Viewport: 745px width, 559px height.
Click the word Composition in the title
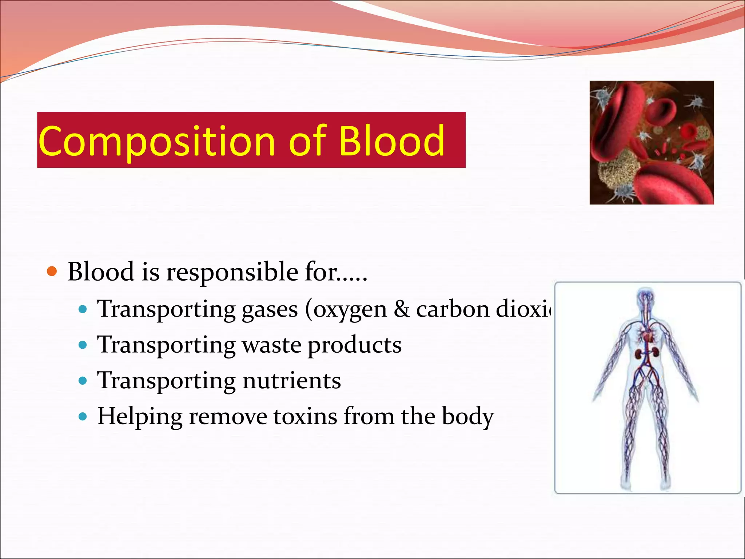pos(156,141)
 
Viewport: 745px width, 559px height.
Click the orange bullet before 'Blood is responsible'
pos(52,271)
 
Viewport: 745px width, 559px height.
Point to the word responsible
pos(232,272)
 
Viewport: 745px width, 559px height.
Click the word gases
pos(270,309)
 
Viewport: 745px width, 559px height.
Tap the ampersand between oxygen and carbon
pos(402,309)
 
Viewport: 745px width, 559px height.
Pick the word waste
pos(271,345)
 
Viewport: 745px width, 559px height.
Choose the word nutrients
pos(292,381)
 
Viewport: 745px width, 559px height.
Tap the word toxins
pos(305,416)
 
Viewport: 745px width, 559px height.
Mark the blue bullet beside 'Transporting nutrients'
pos(83,381)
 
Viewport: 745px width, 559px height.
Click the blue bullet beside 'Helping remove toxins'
pos(83,416)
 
